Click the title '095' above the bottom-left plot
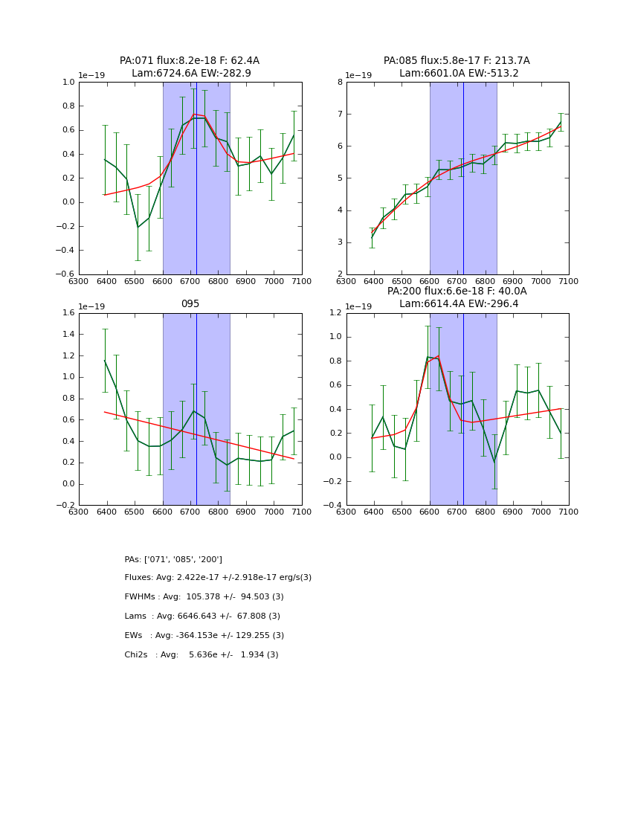(x=190, y=304)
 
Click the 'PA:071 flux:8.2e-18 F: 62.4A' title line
(x=190, y=61)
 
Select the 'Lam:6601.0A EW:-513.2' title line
(x=457, y=73)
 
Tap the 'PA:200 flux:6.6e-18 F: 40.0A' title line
(x=457, y=292)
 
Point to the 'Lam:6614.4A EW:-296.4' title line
(x=457, y=303)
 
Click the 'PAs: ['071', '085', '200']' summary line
(x=173, y=559)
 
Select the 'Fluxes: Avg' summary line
(x=218, y=578)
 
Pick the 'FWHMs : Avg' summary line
(x=204, y=597)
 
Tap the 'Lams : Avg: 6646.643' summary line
(x=202, y=616)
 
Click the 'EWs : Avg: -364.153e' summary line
(x=204, y=636)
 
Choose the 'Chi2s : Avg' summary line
(x=201, y=655)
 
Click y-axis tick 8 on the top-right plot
(x=339, y=83)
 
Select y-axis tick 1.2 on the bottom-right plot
(x=335, y=313)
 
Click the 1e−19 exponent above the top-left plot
(x=92, y=75)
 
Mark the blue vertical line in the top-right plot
(x=463, y=178)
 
